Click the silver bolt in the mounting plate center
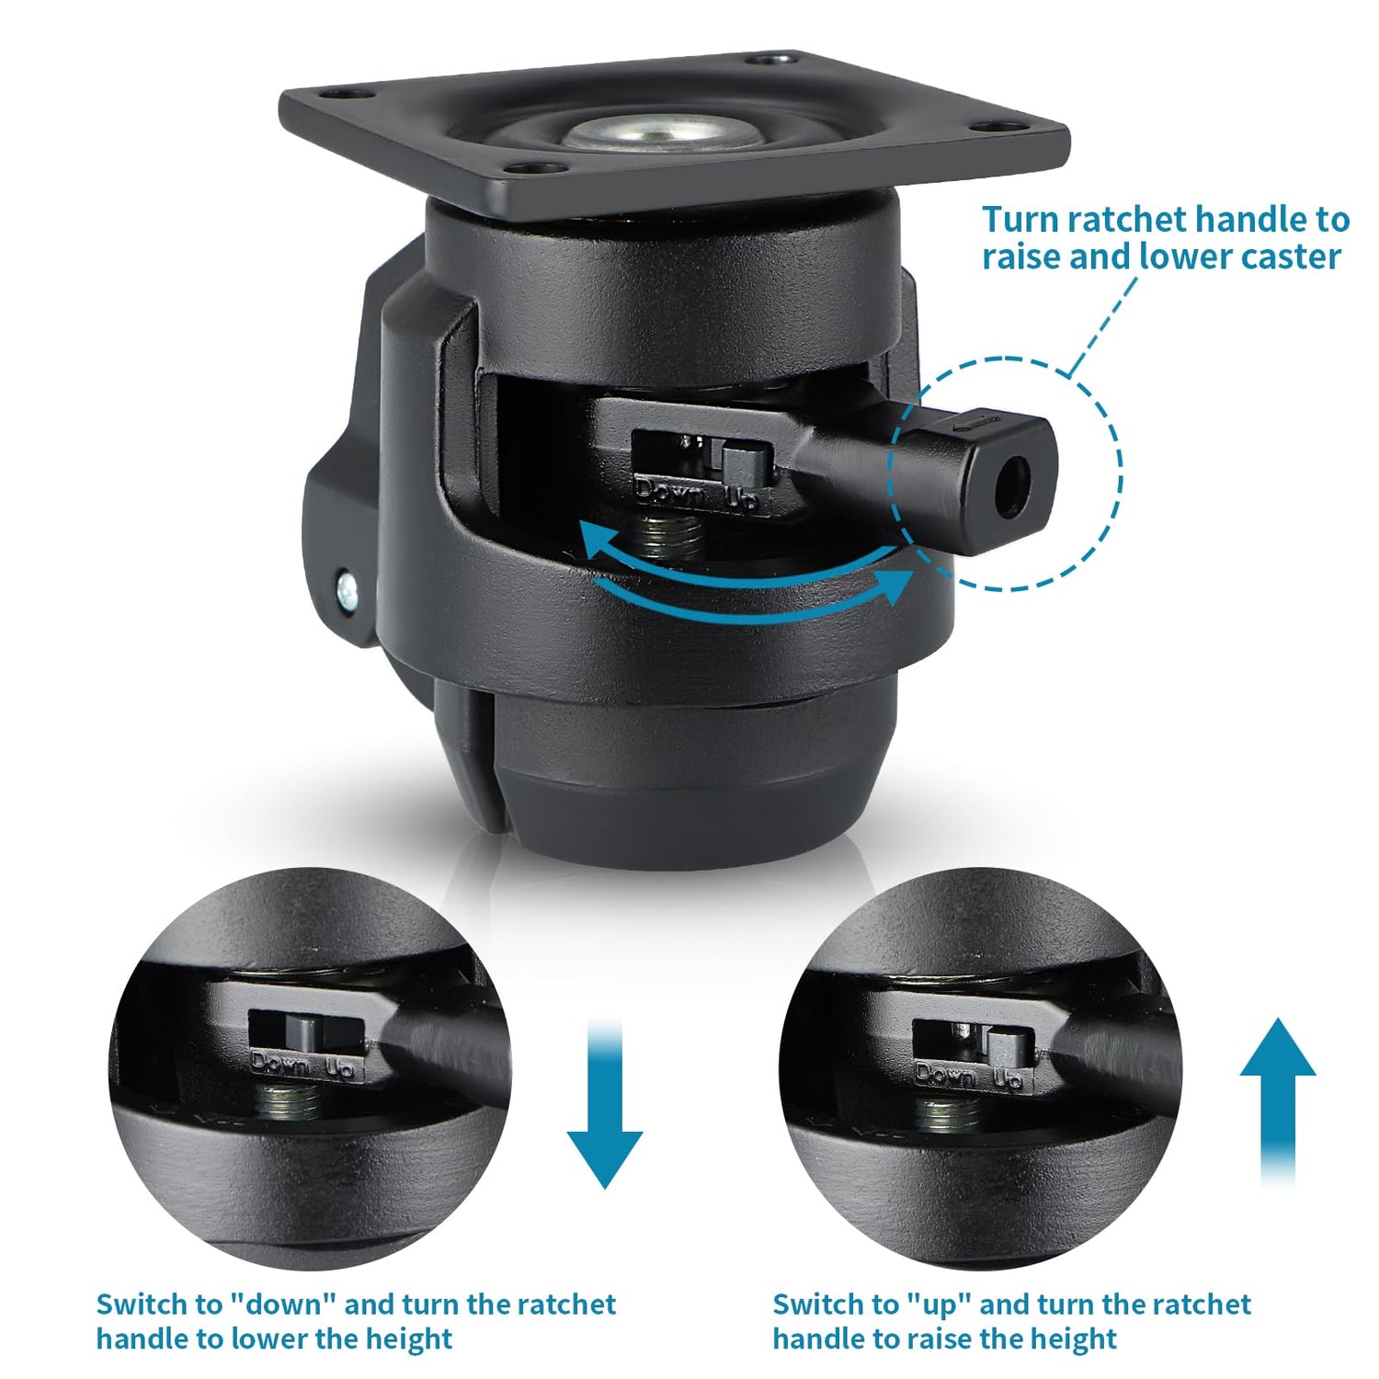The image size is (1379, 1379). [642, 133]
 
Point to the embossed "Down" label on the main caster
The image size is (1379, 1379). [670, 493]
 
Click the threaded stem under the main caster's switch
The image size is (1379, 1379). [672, 537]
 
